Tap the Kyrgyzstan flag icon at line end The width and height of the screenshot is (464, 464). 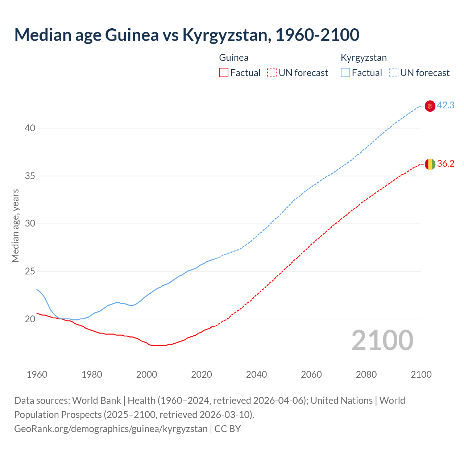430,106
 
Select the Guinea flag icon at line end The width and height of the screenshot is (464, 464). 430,164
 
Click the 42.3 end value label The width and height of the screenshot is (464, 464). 446,105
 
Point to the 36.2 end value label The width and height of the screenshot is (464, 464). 446,164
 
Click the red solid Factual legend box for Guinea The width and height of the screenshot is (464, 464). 224,73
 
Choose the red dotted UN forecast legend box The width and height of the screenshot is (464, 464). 272,73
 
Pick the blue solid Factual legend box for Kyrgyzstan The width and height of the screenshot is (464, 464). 345,73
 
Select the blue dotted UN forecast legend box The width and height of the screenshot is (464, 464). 394,73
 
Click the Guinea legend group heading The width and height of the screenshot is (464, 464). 234,58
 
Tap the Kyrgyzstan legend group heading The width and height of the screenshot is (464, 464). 364,58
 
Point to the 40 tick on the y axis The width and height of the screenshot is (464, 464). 30,128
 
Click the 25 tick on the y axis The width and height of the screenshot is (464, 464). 30,272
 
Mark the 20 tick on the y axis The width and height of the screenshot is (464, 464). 30,319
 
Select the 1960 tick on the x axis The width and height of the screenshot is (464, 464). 37,374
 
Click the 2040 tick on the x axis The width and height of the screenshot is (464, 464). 256,374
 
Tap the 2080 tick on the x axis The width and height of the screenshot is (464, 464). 366,374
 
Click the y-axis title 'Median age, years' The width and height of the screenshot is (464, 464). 15,225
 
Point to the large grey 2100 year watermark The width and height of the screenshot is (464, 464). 382,340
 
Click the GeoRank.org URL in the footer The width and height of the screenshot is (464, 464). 111,429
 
